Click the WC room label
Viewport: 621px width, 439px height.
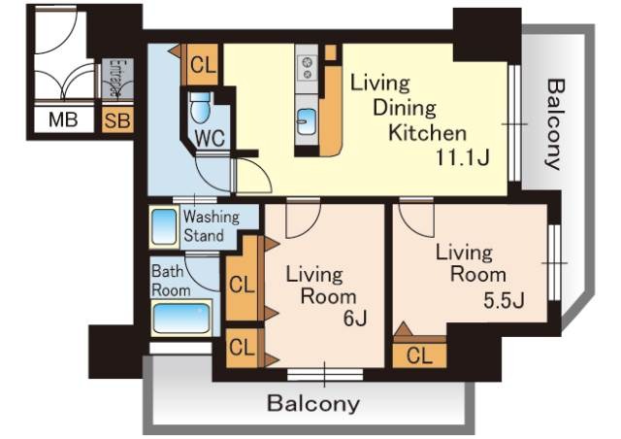210,138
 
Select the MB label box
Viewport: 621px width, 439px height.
63,119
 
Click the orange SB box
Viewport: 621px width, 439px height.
117,119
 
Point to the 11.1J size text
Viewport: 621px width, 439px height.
463,157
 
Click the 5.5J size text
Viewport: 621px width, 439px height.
504,300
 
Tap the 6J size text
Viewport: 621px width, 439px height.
355,318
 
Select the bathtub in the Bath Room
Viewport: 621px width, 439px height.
181,318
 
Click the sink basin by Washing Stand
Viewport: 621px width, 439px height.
164,227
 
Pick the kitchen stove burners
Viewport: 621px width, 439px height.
307,68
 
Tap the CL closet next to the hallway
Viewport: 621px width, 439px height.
203,65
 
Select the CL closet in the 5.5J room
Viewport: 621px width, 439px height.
419,355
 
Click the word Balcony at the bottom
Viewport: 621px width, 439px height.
313,403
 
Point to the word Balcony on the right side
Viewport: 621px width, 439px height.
553,124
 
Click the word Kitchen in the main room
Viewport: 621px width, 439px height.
427,133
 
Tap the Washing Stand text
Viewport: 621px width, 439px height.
212,226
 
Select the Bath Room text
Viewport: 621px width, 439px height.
171,281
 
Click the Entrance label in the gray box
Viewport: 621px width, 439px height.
117,78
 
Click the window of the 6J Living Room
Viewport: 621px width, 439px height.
325,374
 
